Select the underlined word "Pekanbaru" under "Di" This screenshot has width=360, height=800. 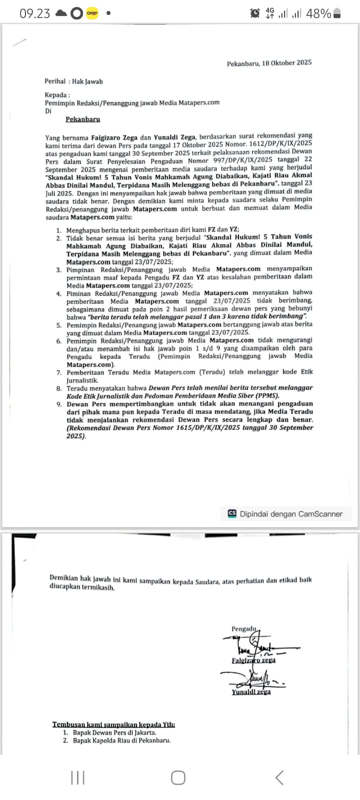[83, 119]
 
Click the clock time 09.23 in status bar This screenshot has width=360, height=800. [35, 13]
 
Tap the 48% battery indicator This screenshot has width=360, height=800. [318, 13]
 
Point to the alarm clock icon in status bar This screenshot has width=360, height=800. [255, 13]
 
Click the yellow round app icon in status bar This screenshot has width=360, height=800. [92, 13]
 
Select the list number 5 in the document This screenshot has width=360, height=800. [59, 325]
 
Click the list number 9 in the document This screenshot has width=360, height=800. [59, 404]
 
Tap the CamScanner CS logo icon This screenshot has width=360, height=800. [232, 513]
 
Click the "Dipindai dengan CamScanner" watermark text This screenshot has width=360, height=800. [291, 514]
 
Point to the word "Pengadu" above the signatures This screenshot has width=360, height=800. [243, 628]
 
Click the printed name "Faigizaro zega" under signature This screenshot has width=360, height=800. [253, 660]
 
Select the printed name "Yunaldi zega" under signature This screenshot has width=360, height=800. [251, 692]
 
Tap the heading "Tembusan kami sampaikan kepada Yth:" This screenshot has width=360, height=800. [113, 724]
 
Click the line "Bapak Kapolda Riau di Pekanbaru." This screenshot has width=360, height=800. [121, 740]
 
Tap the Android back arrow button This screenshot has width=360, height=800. [279, 777]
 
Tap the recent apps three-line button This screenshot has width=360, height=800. [77, 777]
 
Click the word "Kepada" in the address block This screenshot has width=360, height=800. [56, 95]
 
